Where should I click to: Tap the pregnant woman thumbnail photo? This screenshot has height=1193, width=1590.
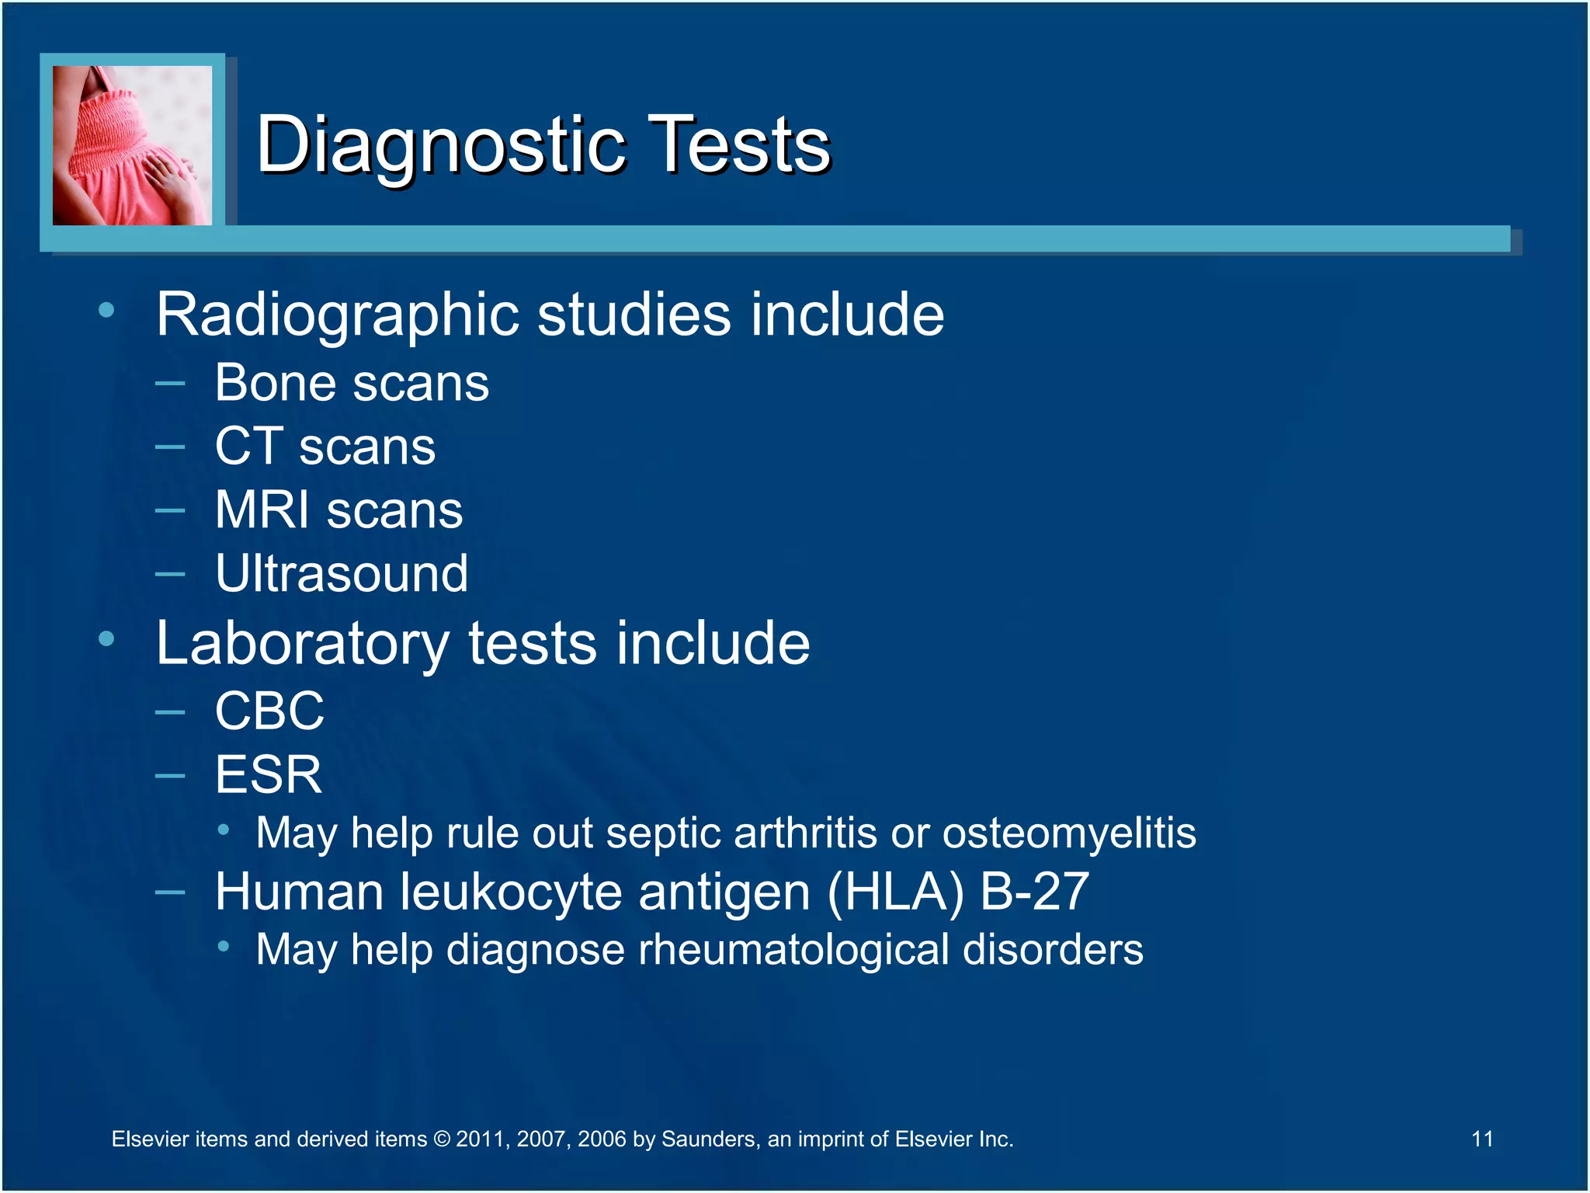click(x=132, y=145)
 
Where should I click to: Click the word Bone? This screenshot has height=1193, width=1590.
click(x=276, y=383)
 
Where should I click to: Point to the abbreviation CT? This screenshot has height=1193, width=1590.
click(x=248, y=447)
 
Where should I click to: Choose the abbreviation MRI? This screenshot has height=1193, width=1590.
click(x=262, y=510)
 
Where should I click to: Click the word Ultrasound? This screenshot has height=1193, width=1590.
click(x=342, y=574)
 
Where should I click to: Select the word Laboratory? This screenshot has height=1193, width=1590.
click(x=303, y=644)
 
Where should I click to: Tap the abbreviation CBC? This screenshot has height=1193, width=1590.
click(x=269, y=711)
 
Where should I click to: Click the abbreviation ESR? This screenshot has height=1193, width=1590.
click(x=269, y=774)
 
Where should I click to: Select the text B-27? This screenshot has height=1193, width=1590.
click(x=1035, y=891)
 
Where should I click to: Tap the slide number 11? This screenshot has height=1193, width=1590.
click(x=1482, y=1139)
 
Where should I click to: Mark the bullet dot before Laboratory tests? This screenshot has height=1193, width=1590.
click(x=106, y=639)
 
